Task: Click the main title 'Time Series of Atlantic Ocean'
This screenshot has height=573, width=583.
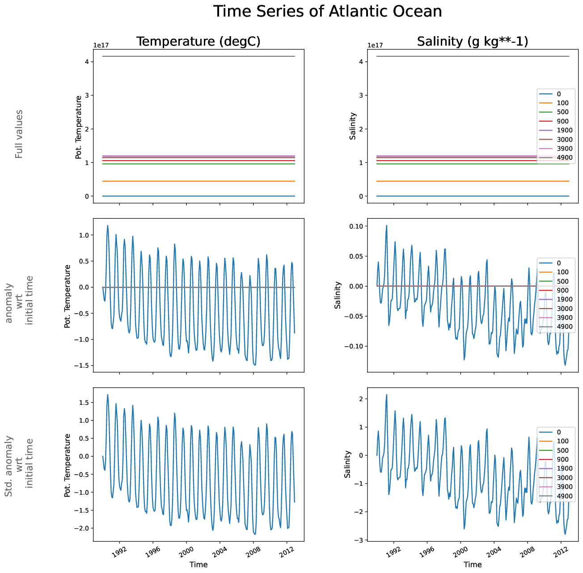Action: [x=327, y=12]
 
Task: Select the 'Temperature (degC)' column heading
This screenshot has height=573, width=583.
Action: [x=198, y=42]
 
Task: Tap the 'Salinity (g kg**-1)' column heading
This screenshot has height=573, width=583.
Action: [x=473, y=42]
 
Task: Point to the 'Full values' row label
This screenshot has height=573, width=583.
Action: [x=19, y=134]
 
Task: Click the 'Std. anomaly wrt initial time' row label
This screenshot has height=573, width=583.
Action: [x=19, y=463]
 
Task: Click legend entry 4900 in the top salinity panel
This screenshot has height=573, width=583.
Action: [x=564, y=157]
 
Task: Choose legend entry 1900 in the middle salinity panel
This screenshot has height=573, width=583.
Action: [x=564, y=299]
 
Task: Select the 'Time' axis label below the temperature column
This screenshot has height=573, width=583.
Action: [x=198, y=565]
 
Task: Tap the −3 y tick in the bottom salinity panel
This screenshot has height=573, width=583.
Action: [x=358, y=540]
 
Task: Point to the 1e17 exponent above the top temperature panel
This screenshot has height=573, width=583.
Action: [x=101, y=45]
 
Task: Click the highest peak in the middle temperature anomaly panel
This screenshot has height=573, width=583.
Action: [x=108, y=225]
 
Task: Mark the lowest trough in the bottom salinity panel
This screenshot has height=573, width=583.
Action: [x=565, y=534]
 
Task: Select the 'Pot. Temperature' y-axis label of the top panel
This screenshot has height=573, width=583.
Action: [x=79, y=127]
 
